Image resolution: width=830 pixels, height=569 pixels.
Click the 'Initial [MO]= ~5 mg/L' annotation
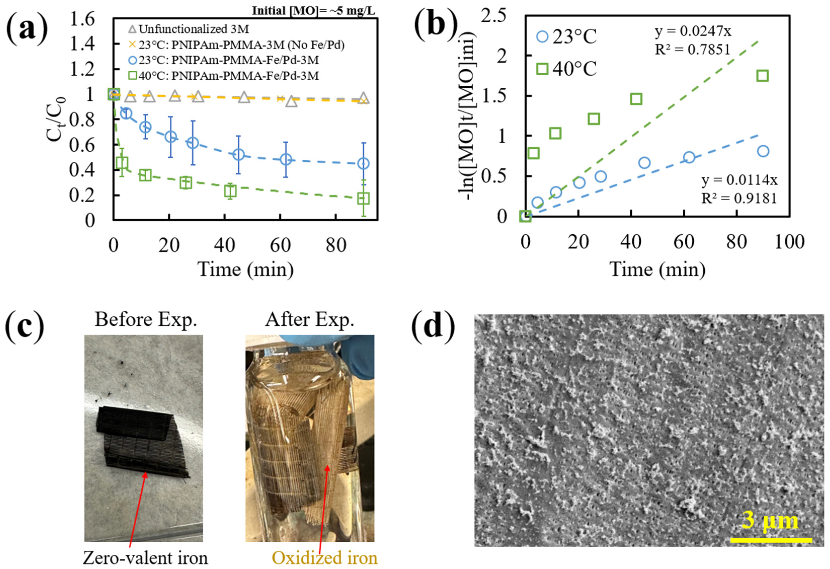coord(314,11)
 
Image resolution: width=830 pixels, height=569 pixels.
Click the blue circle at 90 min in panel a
coord(363,163)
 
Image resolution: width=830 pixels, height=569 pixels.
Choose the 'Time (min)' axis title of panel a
coord(246,269)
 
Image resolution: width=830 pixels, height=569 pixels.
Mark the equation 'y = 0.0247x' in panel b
coord(693,31)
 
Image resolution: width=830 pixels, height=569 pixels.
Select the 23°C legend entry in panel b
coord(566,37)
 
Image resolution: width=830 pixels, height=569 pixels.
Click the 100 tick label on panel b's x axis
coord(789,242)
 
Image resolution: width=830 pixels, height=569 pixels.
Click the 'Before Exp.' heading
coord(146,320)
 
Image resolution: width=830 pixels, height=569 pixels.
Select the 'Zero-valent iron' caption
coord(145,557)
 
